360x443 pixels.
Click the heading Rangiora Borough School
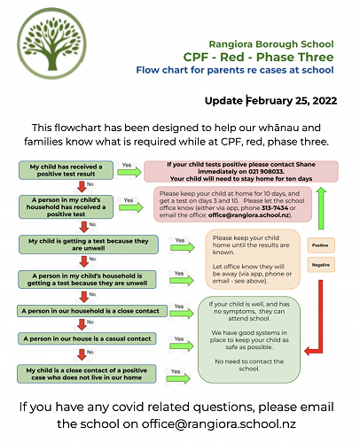click(270, 43)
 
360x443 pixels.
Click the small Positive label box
click(320, 245)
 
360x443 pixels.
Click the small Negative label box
click(320, 266)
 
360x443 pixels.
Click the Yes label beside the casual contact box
click(176, 336)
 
